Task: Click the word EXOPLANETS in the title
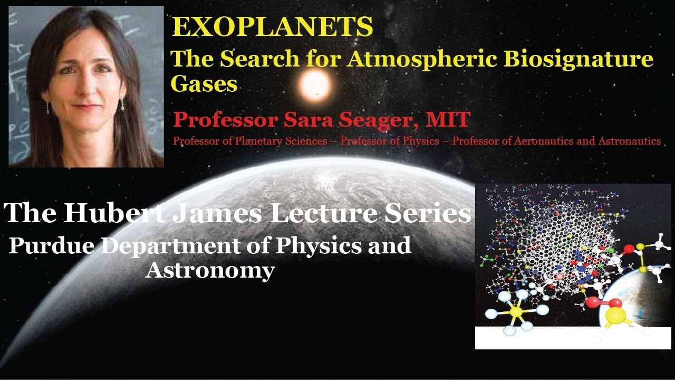(x=272, y=27)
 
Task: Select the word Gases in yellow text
(x=204, y=83)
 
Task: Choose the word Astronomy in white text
(x=210, y=271)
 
